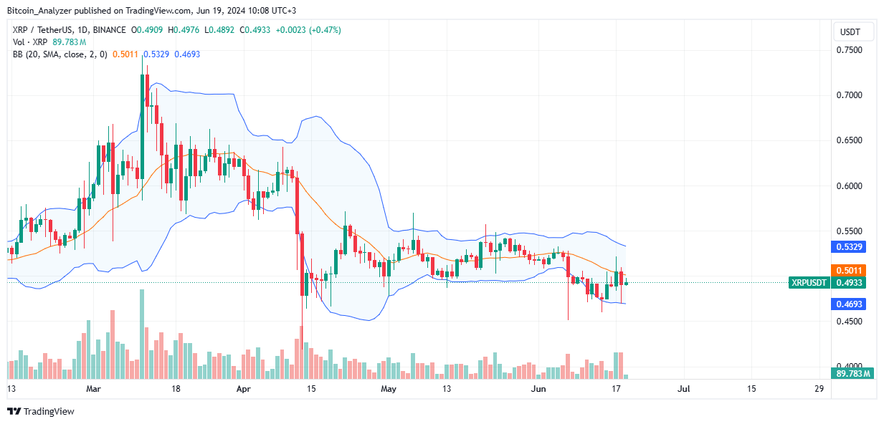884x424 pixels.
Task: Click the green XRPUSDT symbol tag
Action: coord(809,283)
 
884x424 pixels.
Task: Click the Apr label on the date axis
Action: coord(244,389)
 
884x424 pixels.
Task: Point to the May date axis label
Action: coord(389,389)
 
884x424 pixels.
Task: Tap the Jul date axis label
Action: coord(683,389)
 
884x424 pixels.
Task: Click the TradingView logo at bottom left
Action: coord(40,411)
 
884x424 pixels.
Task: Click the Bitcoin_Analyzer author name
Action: coord(39,11)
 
